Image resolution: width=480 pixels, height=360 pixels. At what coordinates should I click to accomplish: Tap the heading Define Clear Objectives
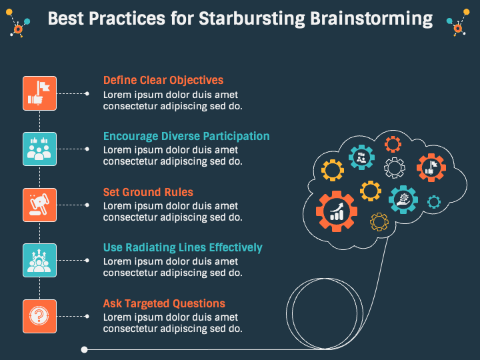(x=163, y=81)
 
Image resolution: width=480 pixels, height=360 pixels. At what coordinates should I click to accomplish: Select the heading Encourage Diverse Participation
(x=186, y=136)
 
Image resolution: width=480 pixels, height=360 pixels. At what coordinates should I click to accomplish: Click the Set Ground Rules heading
(x=148, y=192)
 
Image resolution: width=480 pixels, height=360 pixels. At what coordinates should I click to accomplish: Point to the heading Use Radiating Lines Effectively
(x=183, y=248)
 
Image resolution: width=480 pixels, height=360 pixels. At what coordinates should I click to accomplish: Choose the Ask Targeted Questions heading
(x=164, y=304)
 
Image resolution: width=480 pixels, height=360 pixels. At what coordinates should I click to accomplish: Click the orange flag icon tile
(x=40, y=93)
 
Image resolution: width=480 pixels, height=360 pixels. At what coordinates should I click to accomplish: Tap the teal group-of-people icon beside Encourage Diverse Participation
(x=40, y=149)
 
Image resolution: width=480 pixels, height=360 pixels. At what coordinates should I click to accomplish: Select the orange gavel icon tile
(x=40, y=205)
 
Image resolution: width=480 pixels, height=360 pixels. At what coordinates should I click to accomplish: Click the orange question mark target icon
(x=40, y=316)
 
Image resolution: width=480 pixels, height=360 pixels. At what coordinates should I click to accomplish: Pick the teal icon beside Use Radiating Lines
(x=40, y=260)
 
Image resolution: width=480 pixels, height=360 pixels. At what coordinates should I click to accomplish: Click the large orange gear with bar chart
(x=337, y=211)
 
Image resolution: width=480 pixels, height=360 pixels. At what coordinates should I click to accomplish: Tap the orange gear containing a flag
(x=431, y=167)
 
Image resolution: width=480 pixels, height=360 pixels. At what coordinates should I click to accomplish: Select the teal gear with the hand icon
(x=403, y=199)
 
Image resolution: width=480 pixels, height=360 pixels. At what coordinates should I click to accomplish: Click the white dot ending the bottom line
(x=84, y=349)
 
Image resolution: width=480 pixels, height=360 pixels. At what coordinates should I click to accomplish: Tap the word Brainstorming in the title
(x=371, y=18)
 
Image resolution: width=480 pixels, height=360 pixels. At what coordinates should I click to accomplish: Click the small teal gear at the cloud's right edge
(x=434, y=201)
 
